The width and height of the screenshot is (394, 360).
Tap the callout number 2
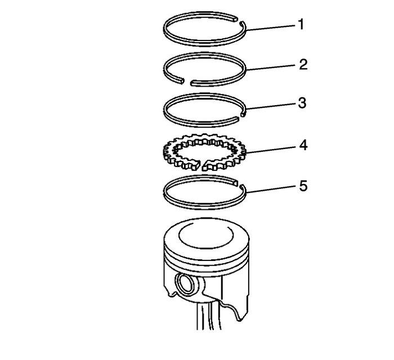tap(303, 65)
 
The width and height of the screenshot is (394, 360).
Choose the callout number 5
tap(303, 185)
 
